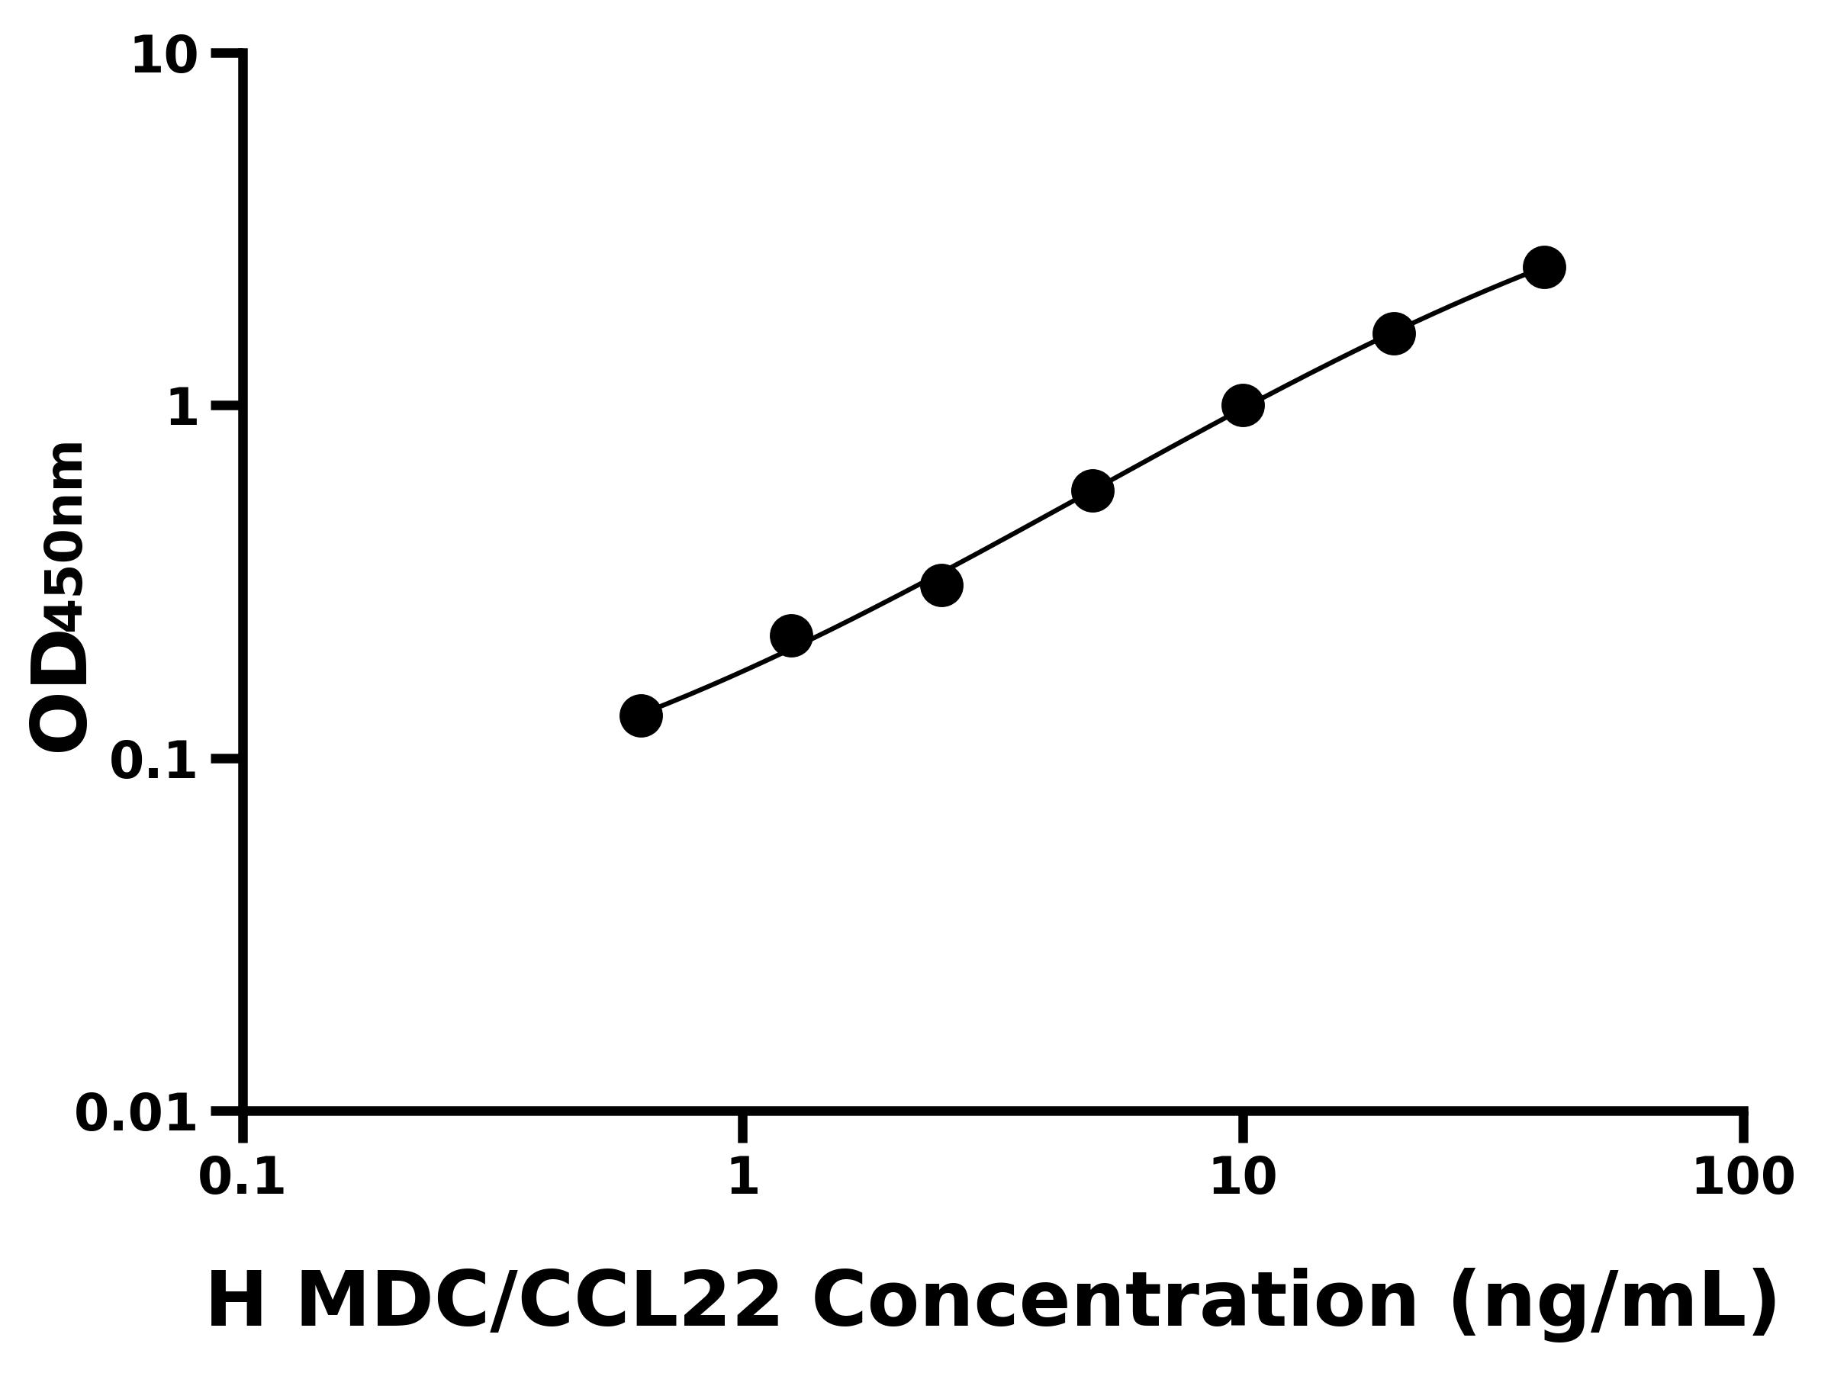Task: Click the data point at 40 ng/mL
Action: pyautogui.click(x=1544, y=267)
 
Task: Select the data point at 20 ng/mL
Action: pyautogui.click(x=1394, y=333)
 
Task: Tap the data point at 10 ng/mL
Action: pyautogui.click(x=1243, y=406)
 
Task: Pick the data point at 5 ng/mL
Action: pyautogui.click(x=1092, y=490)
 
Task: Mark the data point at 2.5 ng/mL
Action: pyautogui.click(x=941, y=586)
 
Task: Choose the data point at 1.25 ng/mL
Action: pyautogui.click(x=791, y=635)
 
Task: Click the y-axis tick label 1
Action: pyautogui.click(x=182, y=409)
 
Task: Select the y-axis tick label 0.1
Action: pyautogui.click(x=154, y=761)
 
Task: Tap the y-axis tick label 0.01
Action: pyautogui.click(x=137, y=1114)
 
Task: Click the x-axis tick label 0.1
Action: pyautogui.click(x=242, y=1178)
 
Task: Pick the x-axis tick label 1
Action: pyautogui.click(x=743, y=1178)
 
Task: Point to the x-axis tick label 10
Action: pyautogui.click(x=1243, y=1178)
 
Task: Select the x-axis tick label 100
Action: pyautogui.click(x=1743, y=1178)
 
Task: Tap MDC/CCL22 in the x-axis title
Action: pyautogui.click(x=538, y=1301)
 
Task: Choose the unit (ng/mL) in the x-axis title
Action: pyautogui.click(x=1613, y=1303)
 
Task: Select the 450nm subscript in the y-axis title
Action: pyautogui.click(x=66, y=538)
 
